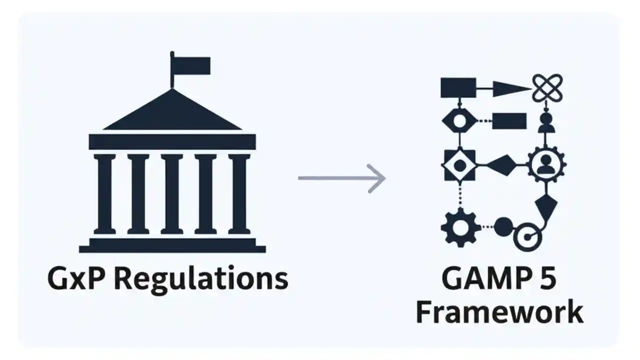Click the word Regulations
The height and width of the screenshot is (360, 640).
click(x=200, y=279)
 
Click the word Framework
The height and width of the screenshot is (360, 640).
click(x=499, y=312)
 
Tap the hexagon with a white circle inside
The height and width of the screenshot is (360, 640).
click(x=457, y=120)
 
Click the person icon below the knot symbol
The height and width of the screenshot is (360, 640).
click(x=546, y=123)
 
